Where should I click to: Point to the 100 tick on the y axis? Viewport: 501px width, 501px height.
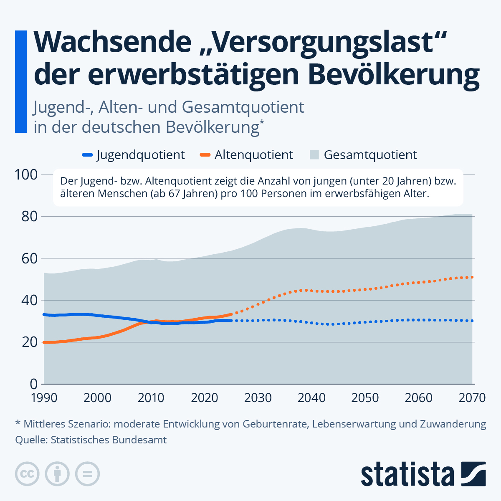pyautogui.click(x=26, y=175)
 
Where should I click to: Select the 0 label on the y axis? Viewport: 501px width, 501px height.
pyautogui.click(x=33, y=384)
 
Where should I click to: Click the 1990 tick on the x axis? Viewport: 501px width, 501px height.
pyautogui.click(x=44, y=397)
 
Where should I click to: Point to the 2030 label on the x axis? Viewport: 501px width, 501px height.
pyautogui.click(x=258, y=397)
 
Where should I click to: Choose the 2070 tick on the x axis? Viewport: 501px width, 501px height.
pyautogui.click(x=472, y=397)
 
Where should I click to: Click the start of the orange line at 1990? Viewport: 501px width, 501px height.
pyautogui.click(x=44, y=342)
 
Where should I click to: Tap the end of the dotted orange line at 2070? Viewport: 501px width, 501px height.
pyautogui.click(x=472, y=277)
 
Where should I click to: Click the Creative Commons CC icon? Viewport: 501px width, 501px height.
pyautogui.click(x=27, y=474)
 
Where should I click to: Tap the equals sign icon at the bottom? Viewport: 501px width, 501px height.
pyautogui.click(x=87, y=474)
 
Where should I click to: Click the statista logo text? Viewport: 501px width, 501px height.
pyautogui.click(x=407, y=475)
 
